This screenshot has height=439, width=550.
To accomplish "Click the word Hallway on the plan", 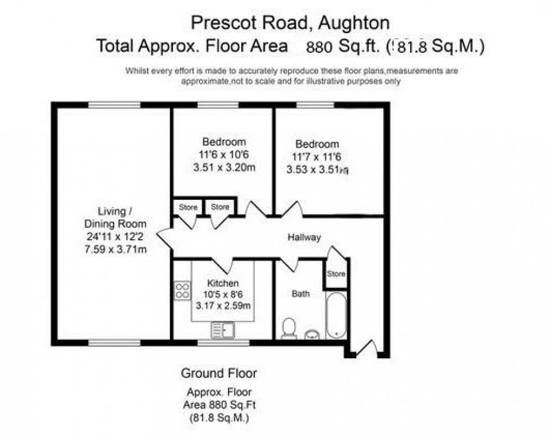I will click(x=304, y=237).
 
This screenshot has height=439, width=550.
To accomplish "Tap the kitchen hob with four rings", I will click(x=182, y=290).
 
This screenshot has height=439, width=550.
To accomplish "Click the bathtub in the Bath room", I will click(x=336, y=315).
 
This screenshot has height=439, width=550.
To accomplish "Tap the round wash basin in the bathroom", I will click(x=311, y=335).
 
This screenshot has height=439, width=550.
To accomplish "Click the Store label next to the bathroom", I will click(x=336, y=275).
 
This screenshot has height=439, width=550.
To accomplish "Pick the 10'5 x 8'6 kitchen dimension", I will click(x=223, y=295).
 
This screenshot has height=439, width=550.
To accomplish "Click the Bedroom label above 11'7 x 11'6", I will click(x=318, y=144).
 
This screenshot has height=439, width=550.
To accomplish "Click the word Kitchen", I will click(x=223, y=283).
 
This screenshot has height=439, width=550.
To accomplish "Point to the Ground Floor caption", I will click(x=218, y=373).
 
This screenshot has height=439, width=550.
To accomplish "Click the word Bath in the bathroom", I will click(x=300, y=294).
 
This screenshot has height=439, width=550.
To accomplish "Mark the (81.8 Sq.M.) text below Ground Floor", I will click(x=218, y=418).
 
